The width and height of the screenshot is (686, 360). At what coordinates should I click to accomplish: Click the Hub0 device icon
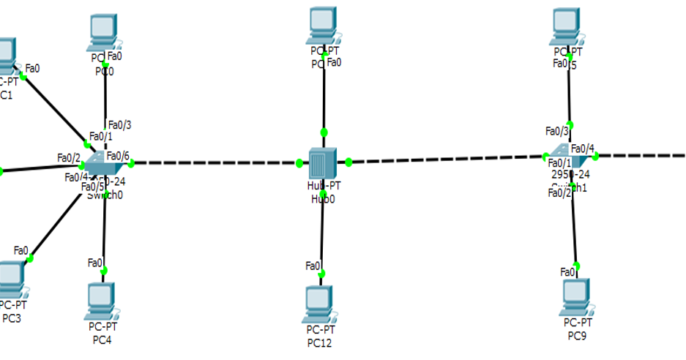coord(322,162)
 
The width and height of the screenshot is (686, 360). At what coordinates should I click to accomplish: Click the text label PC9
coord(578,336)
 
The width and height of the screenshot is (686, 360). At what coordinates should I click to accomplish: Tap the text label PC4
coord(101,340)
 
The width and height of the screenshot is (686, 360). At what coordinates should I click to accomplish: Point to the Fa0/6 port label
coord(118,155)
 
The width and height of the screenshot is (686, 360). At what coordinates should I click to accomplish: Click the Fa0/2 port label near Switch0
coord(68,157)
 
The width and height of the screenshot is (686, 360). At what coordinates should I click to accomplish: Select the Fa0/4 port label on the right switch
coord(583,149)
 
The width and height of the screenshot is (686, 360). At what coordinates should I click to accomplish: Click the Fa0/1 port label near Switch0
coord(100,137)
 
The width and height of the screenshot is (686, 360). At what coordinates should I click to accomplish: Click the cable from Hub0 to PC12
coord(322,227)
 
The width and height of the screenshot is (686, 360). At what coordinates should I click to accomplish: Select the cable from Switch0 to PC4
coord(105,227)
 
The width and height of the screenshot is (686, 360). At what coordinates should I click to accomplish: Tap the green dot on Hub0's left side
coord(300,162)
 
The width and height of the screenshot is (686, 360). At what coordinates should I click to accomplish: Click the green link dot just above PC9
coord(576,266)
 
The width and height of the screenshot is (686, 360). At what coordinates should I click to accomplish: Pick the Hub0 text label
coord(322,198)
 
